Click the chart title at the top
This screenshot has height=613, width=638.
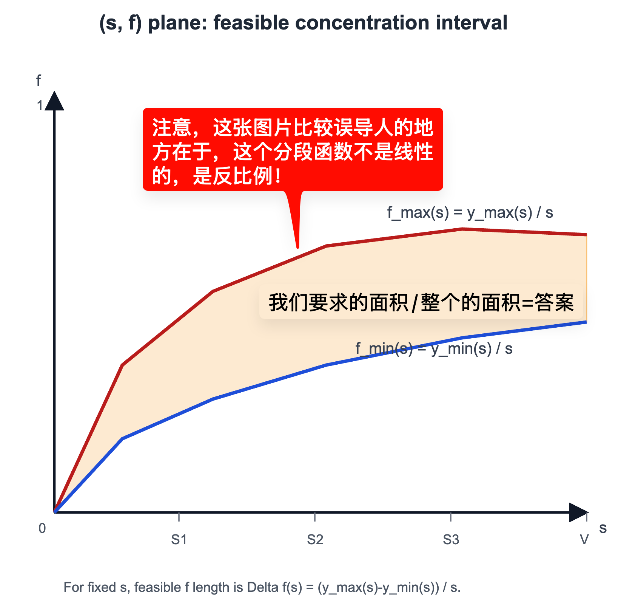click(303, 23)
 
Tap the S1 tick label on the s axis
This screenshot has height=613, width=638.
click(179, 540)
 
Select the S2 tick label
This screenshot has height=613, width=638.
click(315, 540)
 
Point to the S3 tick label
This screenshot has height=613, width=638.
click(451, 540)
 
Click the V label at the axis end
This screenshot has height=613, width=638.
click(584, 540)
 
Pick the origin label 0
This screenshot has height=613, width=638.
click(42, 528)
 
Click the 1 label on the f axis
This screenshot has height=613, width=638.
click(40, 105)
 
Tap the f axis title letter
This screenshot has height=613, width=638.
click(38, 80)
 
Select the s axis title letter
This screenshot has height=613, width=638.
click(603, 528)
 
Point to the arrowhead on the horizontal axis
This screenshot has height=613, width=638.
click(578, 512)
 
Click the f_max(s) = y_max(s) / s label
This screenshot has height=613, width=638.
click(470, 213)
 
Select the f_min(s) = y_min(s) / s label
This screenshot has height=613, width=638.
click(434, 348)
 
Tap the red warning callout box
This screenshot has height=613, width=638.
click(293, 149)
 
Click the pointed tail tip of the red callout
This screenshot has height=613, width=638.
click(298, 248)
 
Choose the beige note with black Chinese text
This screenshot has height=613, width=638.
click(421, 302)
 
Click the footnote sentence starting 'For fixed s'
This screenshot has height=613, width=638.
click(262, 587)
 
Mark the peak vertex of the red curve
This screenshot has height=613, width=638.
click(462, 229)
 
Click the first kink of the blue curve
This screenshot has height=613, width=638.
click(122, 439)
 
